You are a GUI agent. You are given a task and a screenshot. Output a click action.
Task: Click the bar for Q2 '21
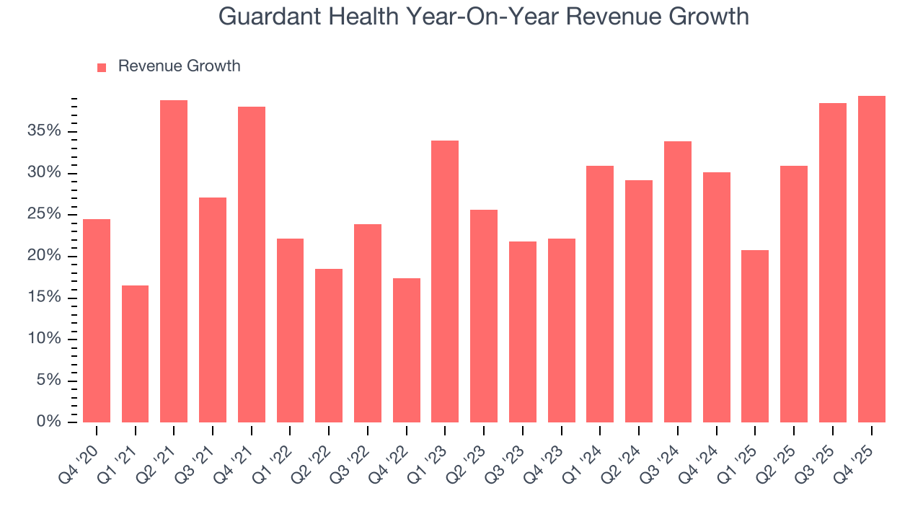[x=174, y=261]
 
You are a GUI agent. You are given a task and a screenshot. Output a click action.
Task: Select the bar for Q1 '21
[x=135, y=353]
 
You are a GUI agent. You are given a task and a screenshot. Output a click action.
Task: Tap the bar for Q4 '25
[x=871, y=259]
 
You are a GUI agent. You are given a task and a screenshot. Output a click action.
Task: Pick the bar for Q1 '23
[x=445, y=281]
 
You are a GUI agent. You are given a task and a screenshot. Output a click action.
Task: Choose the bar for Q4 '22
[x=406, y=350]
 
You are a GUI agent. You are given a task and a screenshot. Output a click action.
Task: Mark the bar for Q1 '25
[x=755, y=336]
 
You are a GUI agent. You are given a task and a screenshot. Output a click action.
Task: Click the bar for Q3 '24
[x=677, y=281]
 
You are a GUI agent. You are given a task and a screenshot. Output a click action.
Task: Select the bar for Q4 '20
[x=97, y=320]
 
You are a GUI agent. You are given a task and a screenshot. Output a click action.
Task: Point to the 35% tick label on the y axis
[x=45, y=131]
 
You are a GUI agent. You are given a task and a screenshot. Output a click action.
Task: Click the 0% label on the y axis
[x=49, y=422]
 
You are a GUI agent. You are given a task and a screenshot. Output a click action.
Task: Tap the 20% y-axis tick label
[x=45, y=256]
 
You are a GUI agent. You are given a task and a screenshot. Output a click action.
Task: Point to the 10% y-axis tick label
[x=45, y=339]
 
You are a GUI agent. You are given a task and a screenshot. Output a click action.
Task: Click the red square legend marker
[x=102, y=67]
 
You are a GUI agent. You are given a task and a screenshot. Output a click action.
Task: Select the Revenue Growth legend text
[x=179, y=66]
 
